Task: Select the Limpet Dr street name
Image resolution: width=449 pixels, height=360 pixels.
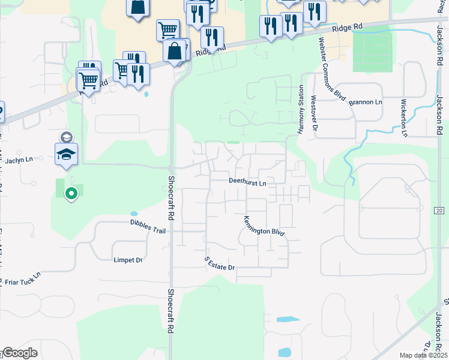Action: click(128, 260)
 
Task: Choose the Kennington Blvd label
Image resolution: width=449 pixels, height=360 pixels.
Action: click(264, 226)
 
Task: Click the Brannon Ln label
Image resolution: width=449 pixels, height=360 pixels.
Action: click(366, 103)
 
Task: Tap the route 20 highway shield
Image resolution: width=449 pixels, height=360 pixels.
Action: click(439, 210)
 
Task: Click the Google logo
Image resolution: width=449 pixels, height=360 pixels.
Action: click(20, 353)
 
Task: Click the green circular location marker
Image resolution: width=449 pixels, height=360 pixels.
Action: click(71, 193)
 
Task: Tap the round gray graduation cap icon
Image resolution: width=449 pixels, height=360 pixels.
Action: click(66, 137)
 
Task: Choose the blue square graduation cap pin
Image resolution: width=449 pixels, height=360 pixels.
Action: click(67, 154)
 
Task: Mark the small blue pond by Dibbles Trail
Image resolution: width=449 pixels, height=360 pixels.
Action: click(133, 214)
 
